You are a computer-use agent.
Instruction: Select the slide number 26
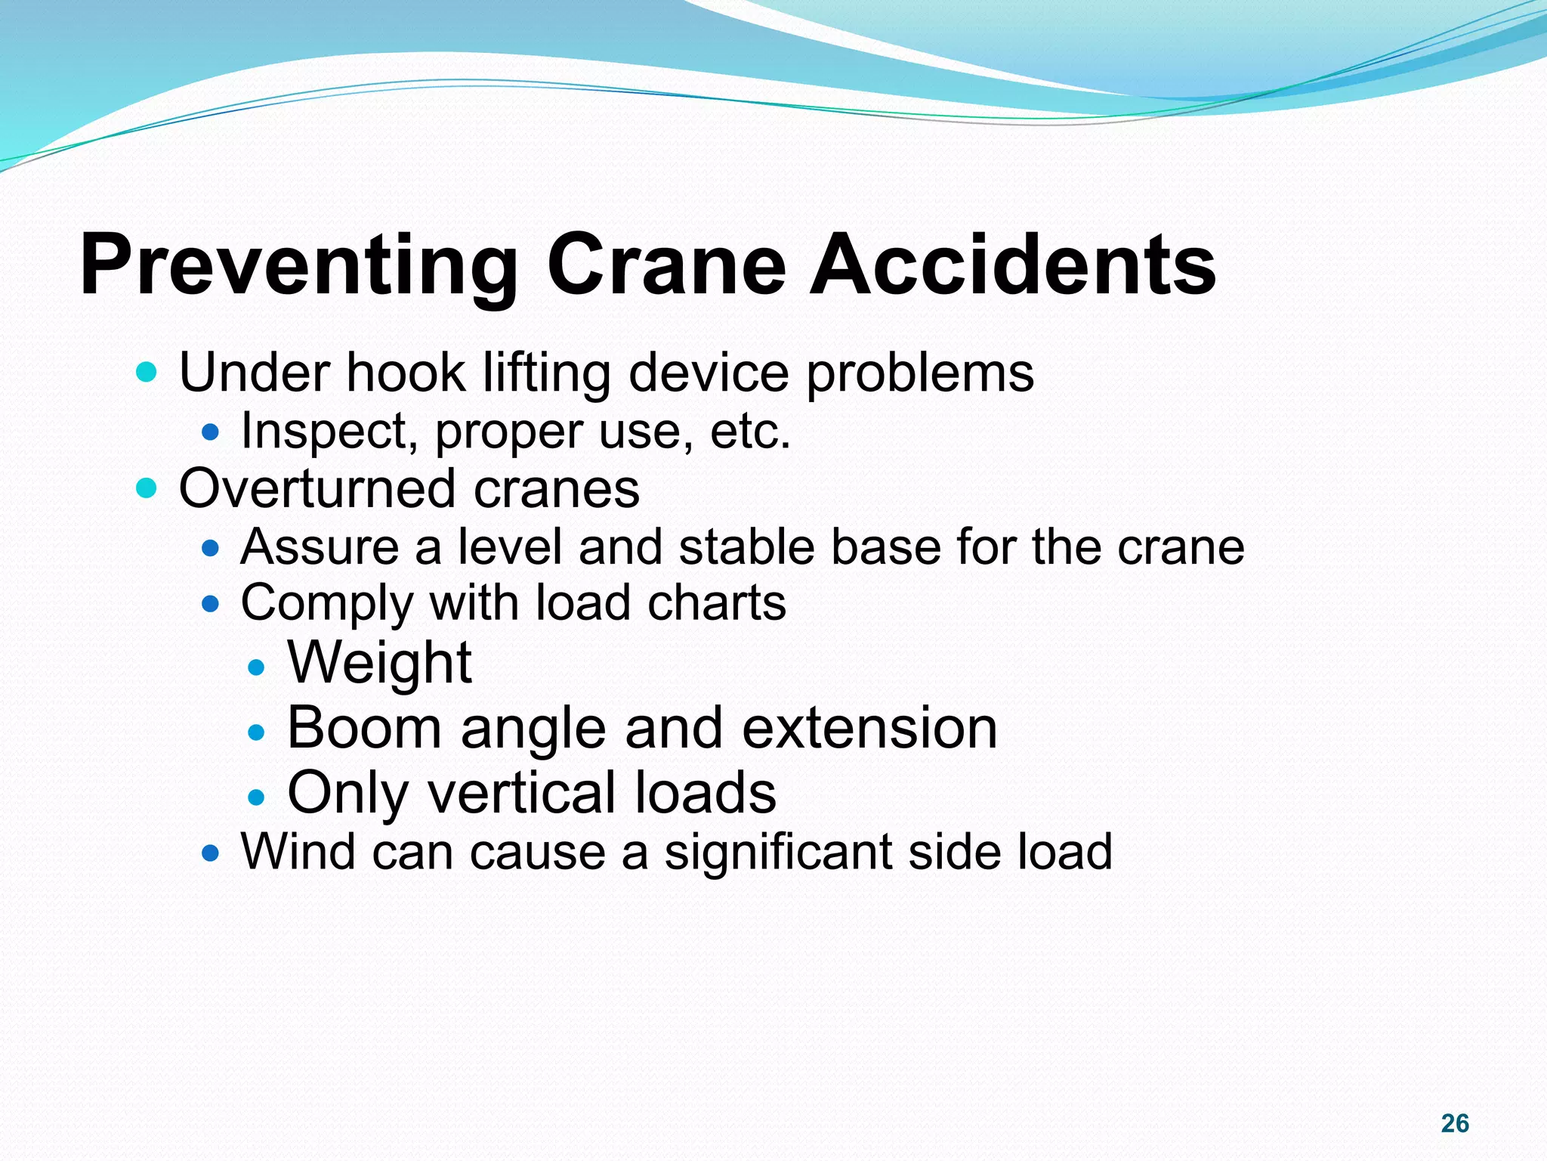tap(1454, 1123)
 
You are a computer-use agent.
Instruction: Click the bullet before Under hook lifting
tap(146, 373)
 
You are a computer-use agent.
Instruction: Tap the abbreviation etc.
tap(750, 431)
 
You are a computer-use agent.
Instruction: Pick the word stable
tap(746, 547)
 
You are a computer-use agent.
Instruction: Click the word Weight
tap(379, 664)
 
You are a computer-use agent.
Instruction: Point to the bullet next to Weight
tap(257, 667)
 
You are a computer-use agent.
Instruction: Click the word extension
tap(869, 728)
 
